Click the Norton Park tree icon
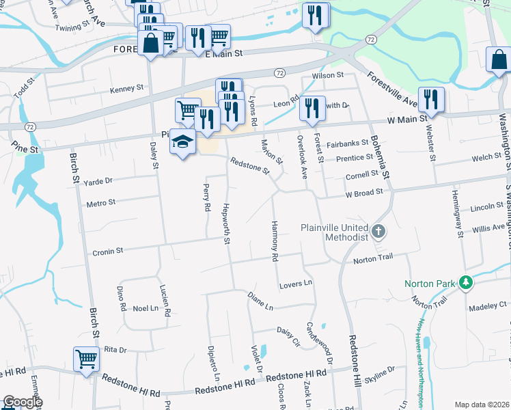[x=466, y=282]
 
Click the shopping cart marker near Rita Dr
[x=86, y=359]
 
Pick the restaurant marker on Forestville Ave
[x=430, y=100]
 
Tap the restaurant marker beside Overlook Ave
[x=312, y=108]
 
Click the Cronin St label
[x=107, y=251]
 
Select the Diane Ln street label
[x=260, y=299]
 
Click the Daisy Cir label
[x=288, y=333]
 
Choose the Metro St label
[x=101, y=203]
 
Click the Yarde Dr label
[x=98, y=182]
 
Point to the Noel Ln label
[x=146, y=308]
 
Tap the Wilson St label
[x=327, y=75]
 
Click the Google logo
[x=23, y=402]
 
